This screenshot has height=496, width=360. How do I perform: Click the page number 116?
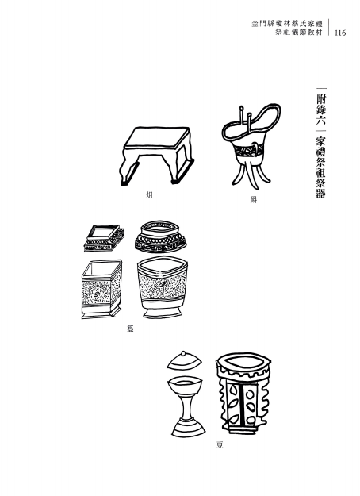click(x=339, y=33)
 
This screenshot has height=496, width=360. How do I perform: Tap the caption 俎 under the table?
click(x=150, y=195)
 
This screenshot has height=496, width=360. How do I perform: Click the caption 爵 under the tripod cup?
click(x=253, y=200)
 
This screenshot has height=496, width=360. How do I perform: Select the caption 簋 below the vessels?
click(x=130, y=329)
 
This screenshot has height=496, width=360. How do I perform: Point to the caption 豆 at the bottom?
click(x=220, y=445)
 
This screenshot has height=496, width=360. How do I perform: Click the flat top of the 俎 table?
click(x=156, y=137)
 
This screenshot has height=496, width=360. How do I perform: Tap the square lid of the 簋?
click(x=104, y=238)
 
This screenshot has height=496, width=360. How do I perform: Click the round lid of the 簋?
click(x=160, y=236)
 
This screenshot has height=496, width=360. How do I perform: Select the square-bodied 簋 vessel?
click(x=101, y=289)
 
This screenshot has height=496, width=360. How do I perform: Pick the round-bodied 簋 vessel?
click(x=163, y=287)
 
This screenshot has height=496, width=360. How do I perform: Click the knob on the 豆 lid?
click(x=183, y=354)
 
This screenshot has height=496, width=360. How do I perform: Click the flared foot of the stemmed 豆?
click(x=189, y=428)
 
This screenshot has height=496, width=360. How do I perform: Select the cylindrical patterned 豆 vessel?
click(x=243, y=393)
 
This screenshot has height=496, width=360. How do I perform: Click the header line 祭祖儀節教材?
click(x=299, y=33)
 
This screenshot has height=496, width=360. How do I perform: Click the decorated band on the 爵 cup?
click(x=247, y=150)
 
